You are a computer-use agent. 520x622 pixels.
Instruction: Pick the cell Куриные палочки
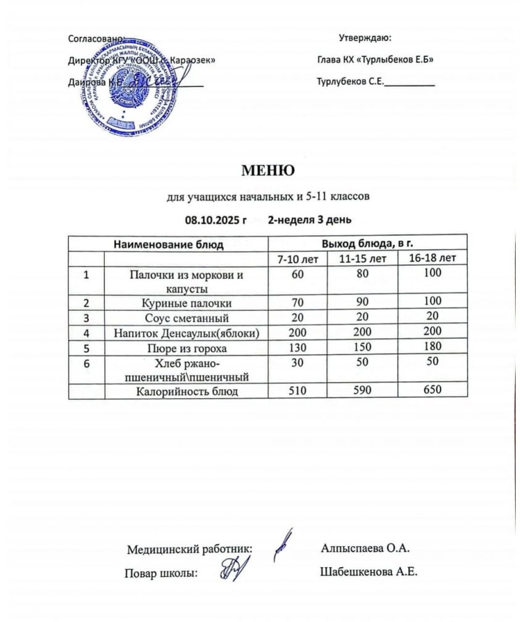[186, 303]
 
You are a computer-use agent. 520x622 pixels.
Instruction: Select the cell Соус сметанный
[186, 318]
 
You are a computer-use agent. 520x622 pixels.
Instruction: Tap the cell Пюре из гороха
[186, 349]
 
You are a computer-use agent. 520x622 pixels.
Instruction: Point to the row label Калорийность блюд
[186, 391]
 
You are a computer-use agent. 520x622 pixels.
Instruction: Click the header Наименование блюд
[168, 244]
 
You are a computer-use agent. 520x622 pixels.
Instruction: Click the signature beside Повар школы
[236, 568]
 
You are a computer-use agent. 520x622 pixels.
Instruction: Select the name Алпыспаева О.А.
[366, 547]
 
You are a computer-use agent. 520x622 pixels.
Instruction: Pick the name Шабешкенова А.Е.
[369, 572]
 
